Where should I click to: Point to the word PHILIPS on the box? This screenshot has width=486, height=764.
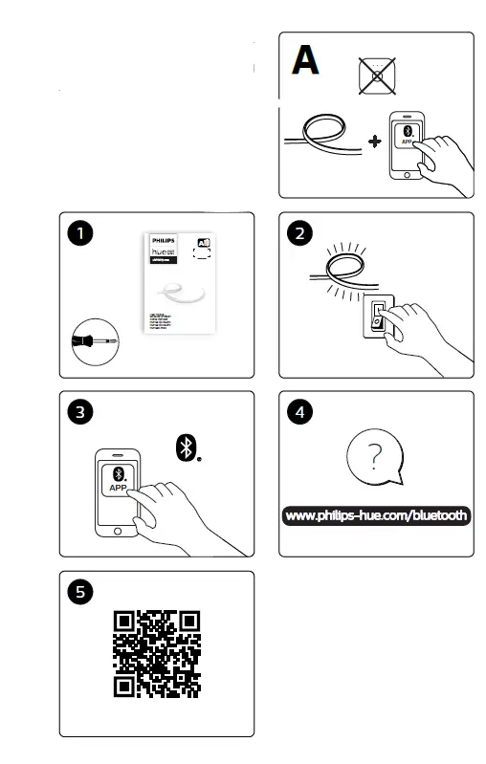[165, 244]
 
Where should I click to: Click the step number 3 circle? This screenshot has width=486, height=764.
[82, 413]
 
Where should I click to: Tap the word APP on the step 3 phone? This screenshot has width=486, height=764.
[120, 488]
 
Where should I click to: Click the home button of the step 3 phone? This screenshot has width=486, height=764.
[119, 532]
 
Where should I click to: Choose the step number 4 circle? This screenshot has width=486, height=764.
[301, 413]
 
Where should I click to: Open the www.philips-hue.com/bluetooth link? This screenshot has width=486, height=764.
[376, 516]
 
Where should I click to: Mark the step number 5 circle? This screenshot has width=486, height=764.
[82, 592]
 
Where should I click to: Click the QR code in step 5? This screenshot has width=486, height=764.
[158, 651]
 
